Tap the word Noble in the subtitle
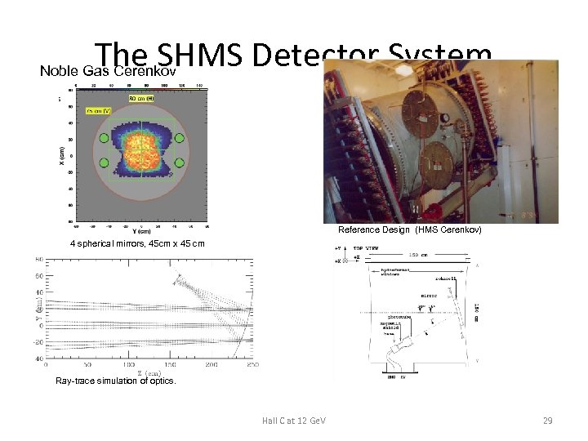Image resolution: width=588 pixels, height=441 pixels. point(58,71)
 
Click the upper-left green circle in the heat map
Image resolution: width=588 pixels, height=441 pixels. point(103,139)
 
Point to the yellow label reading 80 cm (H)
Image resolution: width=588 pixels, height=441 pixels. point(141,98)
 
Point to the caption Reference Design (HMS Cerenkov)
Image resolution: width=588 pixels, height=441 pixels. point(410,230)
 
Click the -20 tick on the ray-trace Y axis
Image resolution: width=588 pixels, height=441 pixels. point(38,342)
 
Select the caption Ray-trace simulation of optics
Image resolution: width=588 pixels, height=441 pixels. point(115,381)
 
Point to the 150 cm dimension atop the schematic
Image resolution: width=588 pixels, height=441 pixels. point(418,254)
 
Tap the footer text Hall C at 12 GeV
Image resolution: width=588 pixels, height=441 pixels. point(294,420)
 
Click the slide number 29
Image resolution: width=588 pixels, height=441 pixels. point(548,420)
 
